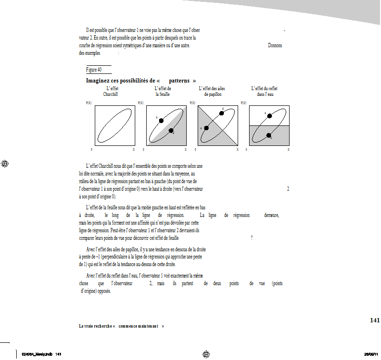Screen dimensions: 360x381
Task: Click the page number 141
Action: click(x=375, y=320)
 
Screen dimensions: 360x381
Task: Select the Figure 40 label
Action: click(x=94, y=70)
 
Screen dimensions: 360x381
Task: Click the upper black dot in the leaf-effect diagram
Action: click(x=161, y=120)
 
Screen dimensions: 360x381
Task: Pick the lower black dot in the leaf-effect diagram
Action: click(x=171, y=131)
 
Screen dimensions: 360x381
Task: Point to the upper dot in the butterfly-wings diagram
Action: click(x=221, y=113)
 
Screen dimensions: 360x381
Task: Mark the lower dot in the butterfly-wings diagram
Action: click(x=206, y=128)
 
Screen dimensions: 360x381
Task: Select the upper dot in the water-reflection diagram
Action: click(x=270, y=116)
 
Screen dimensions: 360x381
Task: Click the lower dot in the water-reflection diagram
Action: click(x=269, y=135)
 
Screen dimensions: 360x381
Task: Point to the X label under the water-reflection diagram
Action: click(x=289, y=150)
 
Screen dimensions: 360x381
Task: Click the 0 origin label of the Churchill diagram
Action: click(x=91, y=150)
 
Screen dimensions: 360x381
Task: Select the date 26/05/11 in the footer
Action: click(x=371, y=354)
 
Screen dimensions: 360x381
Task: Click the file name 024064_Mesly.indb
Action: click(x=35, y=354)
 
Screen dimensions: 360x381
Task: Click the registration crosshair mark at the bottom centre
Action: click(x=206, y=354)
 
